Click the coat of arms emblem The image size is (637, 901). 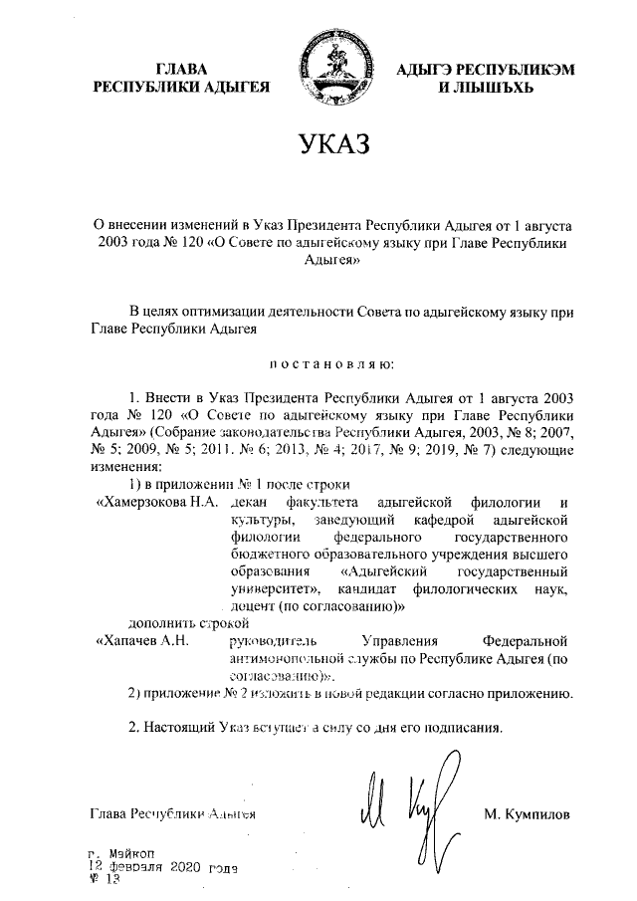pos(329,66)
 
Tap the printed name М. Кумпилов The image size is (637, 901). pos(527,814)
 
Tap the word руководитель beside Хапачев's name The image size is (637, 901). pos(271,640)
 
